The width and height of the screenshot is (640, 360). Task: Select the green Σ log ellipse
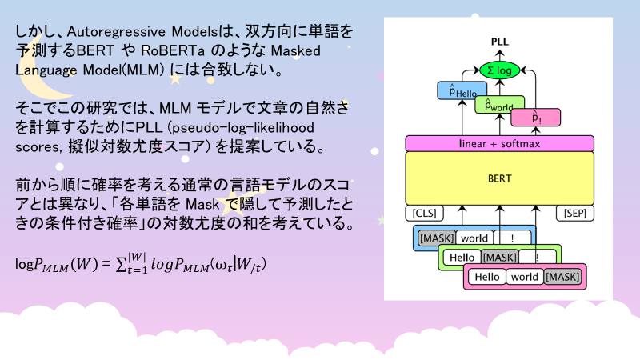pos(499,70)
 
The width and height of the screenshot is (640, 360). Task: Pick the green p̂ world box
pos(499,104)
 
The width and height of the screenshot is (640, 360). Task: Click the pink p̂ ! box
pos(535,118)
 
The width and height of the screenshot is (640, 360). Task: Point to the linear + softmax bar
pos(499,143)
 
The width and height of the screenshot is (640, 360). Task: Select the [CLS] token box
pos(425,214)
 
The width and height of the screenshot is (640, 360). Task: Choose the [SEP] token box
pos(574,214)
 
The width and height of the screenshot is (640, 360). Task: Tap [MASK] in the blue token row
pos(437,238)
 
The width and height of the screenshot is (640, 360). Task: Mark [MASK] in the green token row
pos(500,258)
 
